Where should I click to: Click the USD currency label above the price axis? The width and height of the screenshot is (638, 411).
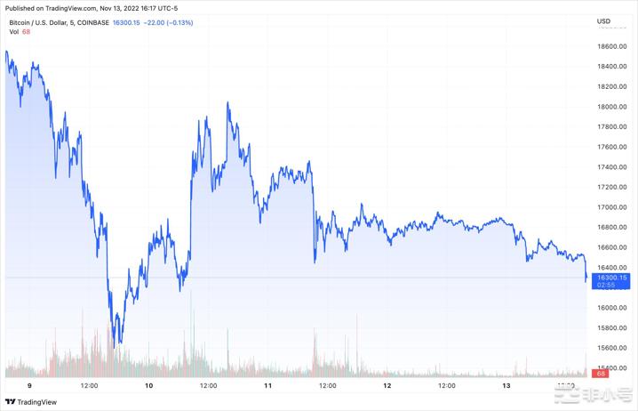[603, 20]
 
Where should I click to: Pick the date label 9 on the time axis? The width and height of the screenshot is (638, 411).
[29, 386]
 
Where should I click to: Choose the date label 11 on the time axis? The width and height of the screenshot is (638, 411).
[267, 386]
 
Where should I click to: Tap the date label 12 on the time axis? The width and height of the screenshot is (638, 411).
[387, 386]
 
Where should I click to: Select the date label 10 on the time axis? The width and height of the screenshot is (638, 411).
[148, 386]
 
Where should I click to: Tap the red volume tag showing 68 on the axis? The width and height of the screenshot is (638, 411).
[602, 375]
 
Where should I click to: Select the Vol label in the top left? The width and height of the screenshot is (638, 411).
[14, 32]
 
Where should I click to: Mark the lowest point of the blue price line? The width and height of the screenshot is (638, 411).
[116, 344]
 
